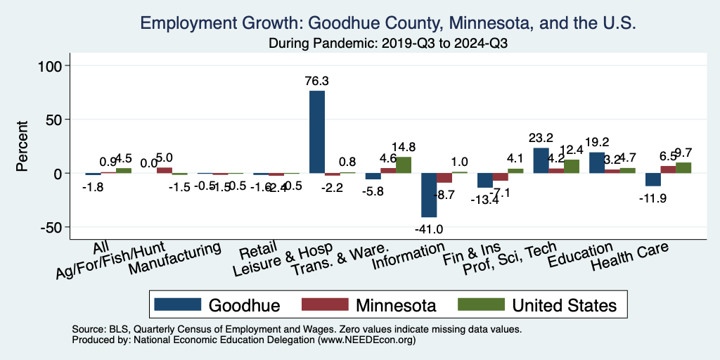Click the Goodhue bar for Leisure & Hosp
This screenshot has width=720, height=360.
point(317,132)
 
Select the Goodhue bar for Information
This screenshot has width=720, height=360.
point(429,195)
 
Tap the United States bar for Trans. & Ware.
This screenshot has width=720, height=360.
point(404,165)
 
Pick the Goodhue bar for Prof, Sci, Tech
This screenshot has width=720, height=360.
point(541,160)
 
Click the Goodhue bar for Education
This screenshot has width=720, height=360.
point(597,162)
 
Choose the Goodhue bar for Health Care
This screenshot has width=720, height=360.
point(652,179)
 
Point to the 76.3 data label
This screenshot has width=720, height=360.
point(317,82)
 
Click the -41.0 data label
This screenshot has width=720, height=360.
point(429,229)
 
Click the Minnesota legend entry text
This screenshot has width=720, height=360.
point(395,305)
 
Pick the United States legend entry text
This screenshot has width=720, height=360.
point(564,305)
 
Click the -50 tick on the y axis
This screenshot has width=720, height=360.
point(53,227)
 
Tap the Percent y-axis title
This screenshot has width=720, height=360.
point(22,146)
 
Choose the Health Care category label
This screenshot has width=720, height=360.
point(629,257)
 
